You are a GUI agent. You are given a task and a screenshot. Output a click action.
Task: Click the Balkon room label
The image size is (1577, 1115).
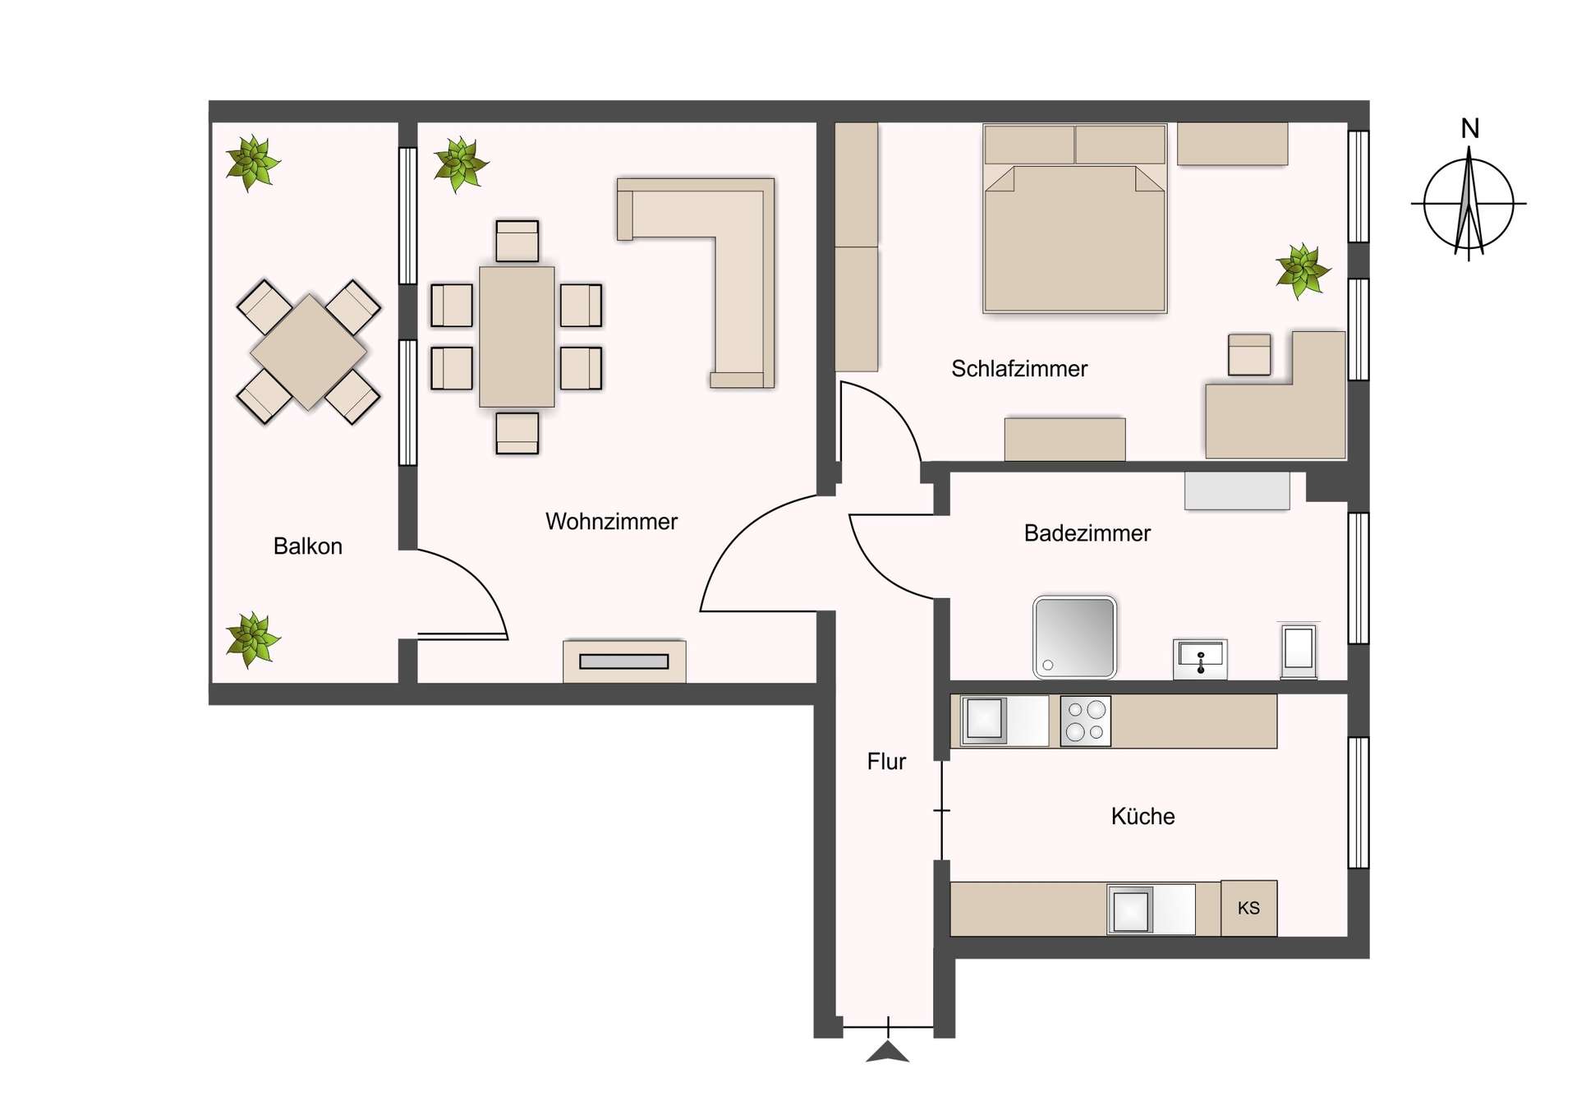click(x=307, y=546)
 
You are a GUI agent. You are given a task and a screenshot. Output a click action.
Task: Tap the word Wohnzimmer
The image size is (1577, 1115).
click(x=611, y=522)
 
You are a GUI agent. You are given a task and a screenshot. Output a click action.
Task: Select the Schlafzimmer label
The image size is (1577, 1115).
click(x=1019, y=369)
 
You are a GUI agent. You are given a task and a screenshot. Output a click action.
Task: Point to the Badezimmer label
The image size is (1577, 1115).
click(x=1087, y=533)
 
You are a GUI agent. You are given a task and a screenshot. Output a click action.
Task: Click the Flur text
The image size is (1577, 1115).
click(x=886, y=762)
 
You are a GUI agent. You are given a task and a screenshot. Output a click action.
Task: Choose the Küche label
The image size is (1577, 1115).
click(x=1143, y=817)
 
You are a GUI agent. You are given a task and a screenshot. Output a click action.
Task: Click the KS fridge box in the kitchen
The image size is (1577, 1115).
click(x=1248, y=908)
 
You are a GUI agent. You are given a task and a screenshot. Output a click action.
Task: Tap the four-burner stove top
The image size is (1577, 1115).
click(x=1085, y=721)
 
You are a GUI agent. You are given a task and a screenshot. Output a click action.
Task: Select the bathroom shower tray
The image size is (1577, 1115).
click(x=1074, y=638)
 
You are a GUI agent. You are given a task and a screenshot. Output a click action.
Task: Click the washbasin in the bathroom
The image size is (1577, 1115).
click(x=1200, y=659)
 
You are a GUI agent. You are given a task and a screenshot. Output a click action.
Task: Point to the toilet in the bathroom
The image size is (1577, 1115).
click(x=1299, y=650)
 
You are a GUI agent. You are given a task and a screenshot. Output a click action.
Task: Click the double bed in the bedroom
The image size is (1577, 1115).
click(x=1075, y=219)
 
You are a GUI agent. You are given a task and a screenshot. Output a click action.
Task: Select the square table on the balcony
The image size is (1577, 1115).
click(x=309, y=352)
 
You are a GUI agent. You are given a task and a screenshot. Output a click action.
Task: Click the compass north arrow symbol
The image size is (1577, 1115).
click(x=1469, y=204)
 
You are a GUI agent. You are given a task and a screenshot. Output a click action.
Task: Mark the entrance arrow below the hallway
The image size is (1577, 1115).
click(x=887, y=1052)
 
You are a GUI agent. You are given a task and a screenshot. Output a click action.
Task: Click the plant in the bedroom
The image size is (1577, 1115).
click(x=1302, y=270)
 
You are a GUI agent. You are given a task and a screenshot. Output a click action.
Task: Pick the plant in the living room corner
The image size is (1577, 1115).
click(x=461, y=164)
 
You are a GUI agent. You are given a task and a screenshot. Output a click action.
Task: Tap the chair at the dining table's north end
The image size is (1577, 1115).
click(x=517, y=241)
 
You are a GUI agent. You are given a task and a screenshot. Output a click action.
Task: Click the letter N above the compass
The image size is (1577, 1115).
click(x=1470, y=129)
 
